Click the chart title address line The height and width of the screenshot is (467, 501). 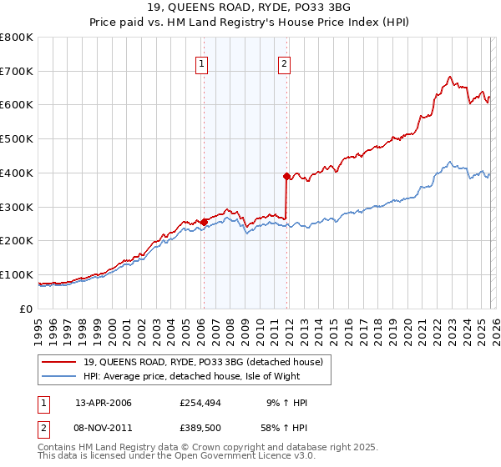(x=250, y=8)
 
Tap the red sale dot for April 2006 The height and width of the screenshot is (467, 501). (x=204, y=222)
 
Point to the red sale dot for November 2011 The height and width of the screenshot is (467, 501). (x=286, y=176)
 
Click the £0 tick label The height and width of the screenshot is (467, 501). (x=26, y=309)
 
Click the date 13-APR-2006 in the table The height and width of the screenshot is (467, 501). (x=104, y=403)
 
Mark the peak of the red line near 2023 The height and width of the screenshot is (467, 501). (x=450, y=77)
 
